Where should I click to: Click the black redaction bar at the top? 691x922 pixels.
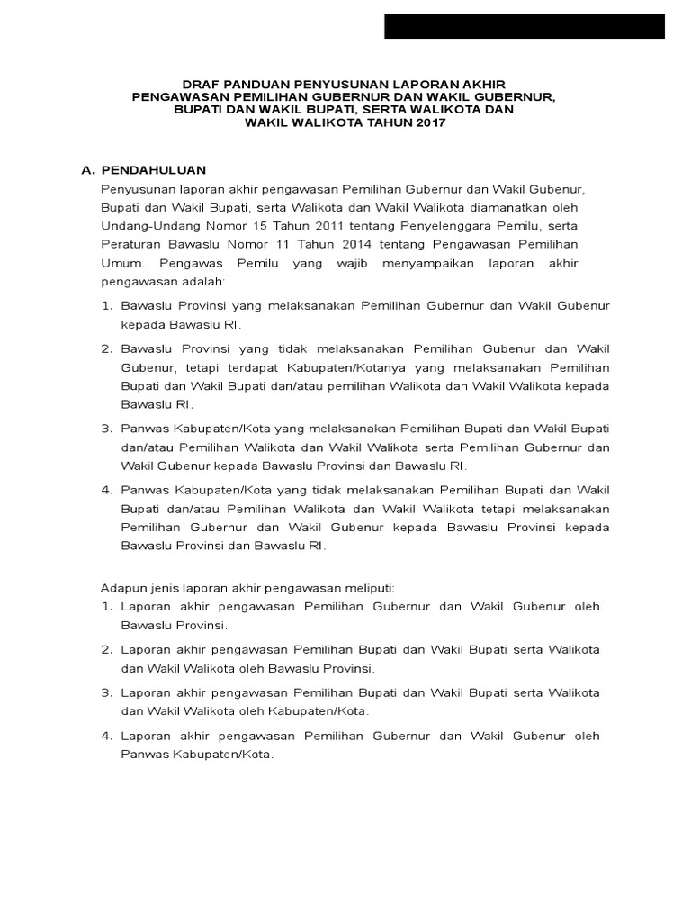point(525,27)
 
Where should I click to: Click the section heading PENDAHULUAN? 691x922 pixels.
point(154,169)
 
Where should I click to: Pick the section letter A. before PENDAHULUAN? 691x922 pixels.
point(88,169)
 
